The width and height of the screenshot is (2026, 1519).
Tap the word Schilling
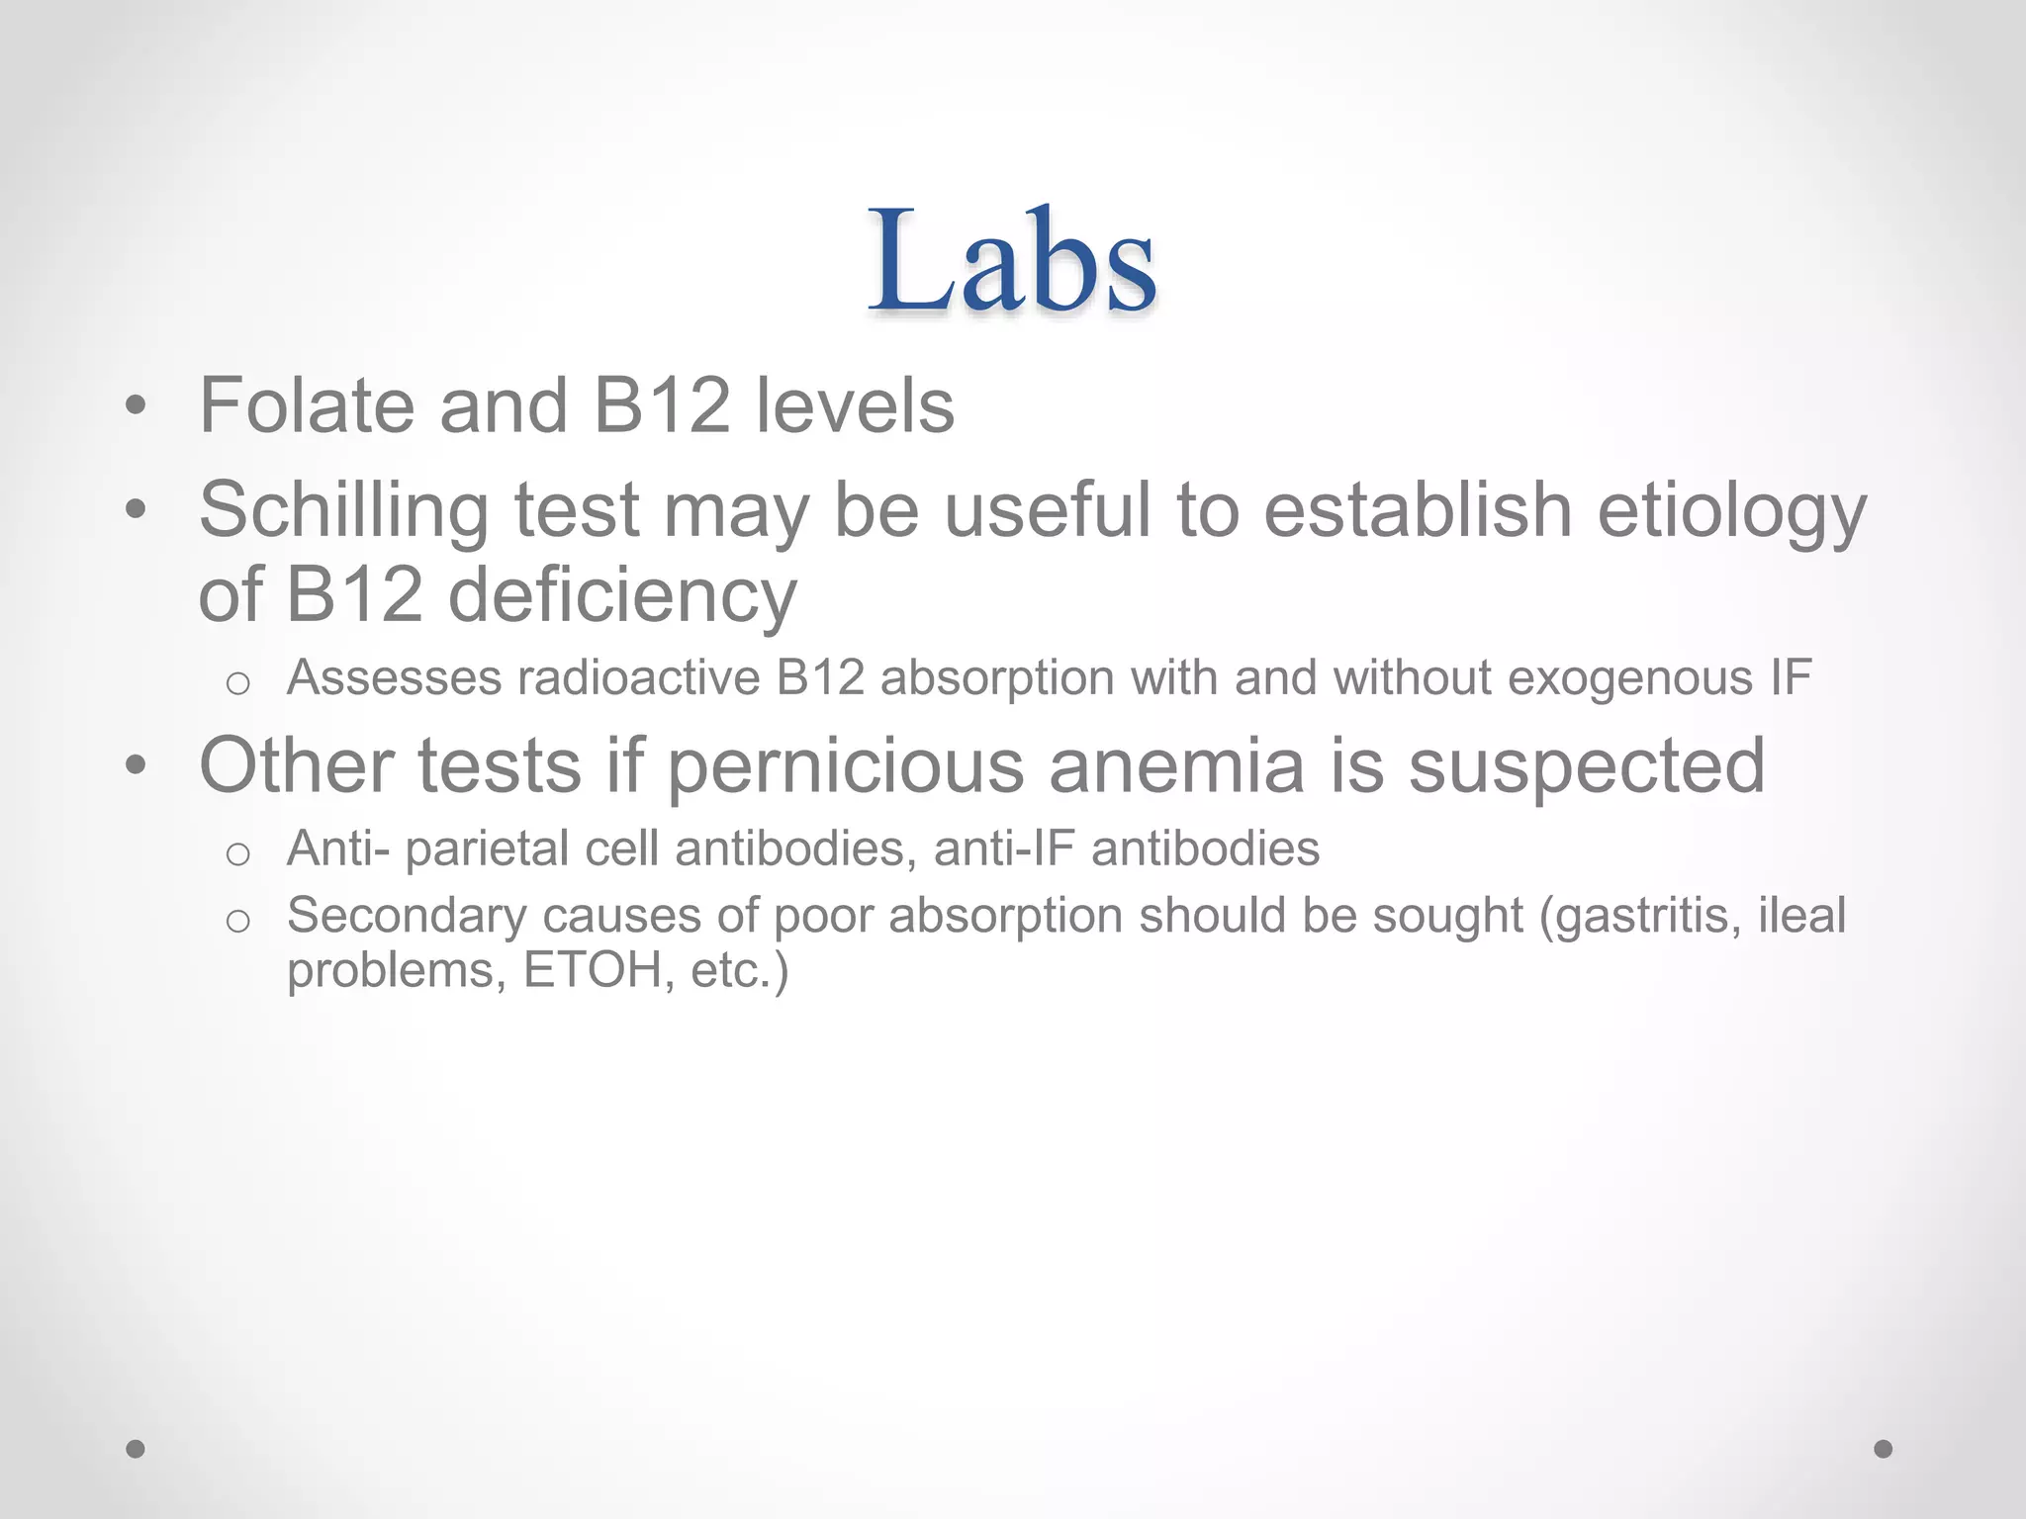343,511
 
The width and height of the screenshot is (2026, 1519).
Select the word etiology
1731,511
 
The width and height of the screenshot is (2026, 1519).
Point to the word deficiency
622,596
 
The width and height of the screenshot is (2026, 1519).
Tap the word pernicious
846,765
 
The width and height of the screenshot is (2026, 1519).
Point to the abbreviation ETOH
593,970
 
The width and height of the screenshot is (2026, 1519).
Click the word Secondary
407,917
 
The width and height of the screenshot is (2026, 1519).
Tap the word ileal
1801,915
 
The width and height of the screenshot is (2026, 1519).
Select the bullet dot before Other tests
136,765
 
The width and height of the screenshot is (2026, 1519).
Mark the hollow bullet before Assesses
237,683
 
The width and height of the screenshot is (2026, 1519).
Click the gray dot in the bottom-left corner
136,1449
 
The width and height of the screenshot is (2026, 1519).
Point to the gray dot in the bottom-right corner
1884,1449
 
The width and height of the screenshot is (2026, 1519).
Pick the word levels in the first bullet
855,405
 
